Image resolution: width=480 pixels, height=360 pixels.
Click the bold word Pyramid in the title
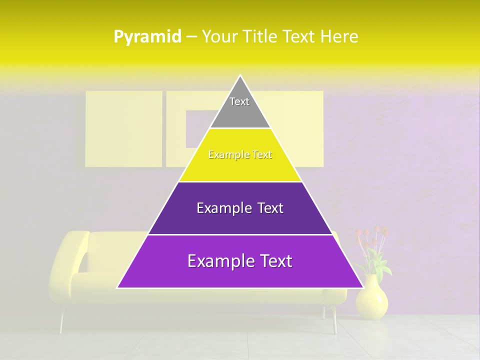coord(147,37)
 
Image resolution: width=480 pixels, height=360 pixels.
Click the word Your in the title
coord(220,37)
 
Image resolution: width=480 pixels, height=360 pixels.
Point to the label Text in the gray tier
coord(239,101)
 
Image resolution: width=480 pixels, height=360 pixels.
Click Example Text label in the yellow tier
coord(240,155)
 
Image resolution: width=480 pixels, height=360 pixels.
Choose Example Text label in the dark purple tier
coord(240,208)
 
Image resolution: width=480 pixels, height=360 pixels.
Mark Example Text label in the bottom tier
coord(240,261)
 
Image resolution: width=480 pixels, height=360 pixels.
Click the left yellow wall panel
coord(123,128)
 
